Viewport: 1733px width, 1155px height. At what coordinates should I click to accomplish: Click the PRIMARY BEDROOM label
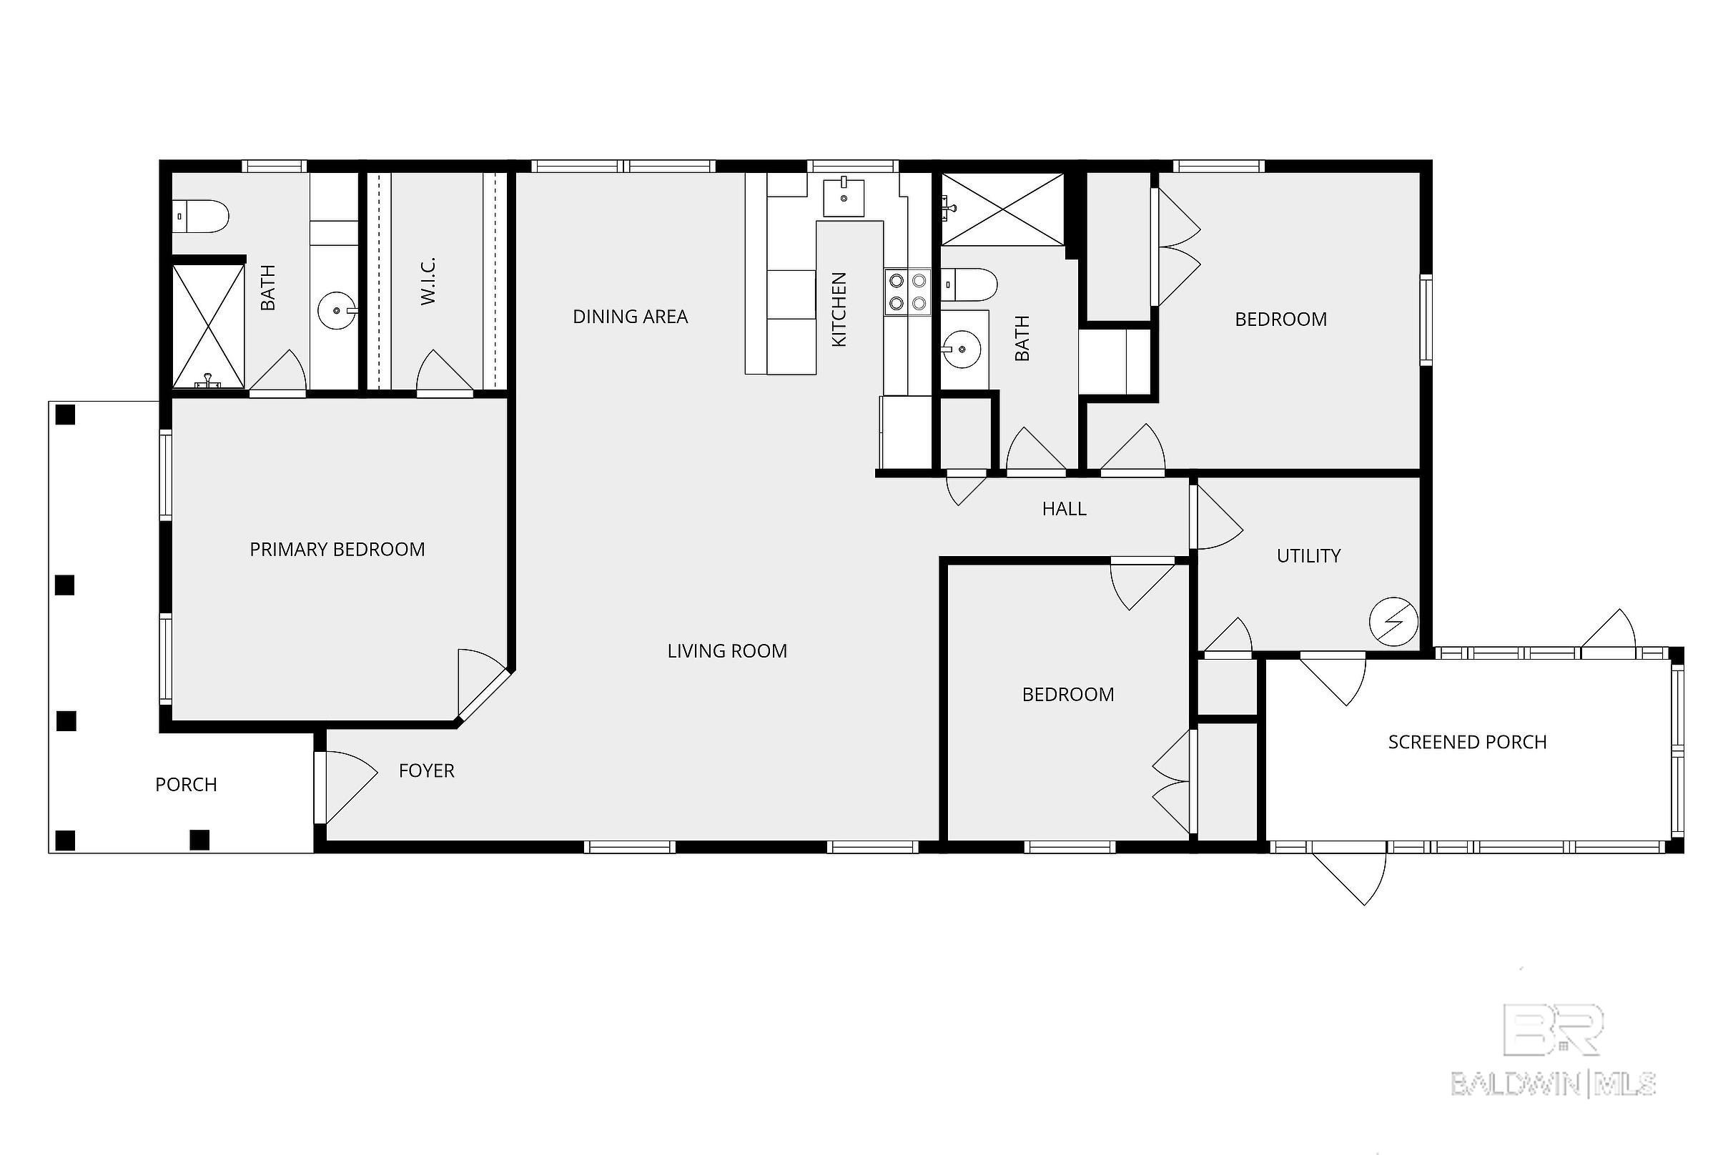(x=337, y=550)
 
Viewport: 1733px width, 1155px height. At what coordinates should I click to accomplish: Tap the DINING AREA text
(x=630, y=317)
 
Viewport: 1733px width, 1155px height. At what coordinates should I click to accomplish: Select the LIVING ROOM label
(x=727, y=651)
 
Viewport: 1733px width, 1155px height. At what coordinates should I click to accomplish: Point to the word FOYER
(x=427, y=771)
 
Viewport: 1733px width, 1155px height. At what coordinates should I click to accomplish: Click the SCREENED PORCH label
(x=1467, y=743)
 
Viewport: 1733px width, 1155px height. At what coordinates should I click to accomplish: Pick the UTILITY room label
(x=1308, y=556)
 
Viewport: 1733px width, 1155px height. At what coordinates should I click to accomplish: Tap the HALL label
(x=1064, y=509)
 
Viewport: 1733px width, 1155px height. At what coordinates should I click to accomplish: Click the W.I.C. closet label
(x=429, y=281)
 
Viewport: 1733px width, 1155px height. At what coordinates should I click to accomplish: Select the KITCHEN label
(x=839, y=309)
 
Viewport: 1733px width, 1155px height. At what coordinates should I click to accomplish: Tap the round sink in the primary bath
(x=337, y=311)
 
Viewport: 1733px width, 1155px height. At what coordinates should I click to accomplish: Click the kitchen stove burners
(x=908, y=291)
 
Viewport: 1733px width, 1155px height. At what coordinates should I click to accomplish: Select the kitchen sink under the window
(x=844, y=197)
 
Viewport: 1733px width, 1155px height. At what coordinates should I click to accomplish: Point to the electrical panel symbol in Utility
(x=1393, y=622)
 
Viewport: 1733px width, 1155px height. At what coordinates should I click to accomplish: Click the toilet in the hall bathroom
(x=970, y=284)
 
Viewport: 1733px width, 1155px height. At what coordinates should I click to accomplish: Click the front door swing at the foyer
(x=346, y=786)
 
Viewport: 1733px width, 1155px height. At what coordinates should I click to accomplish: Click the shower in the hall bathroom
(x=1003, y=209)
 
